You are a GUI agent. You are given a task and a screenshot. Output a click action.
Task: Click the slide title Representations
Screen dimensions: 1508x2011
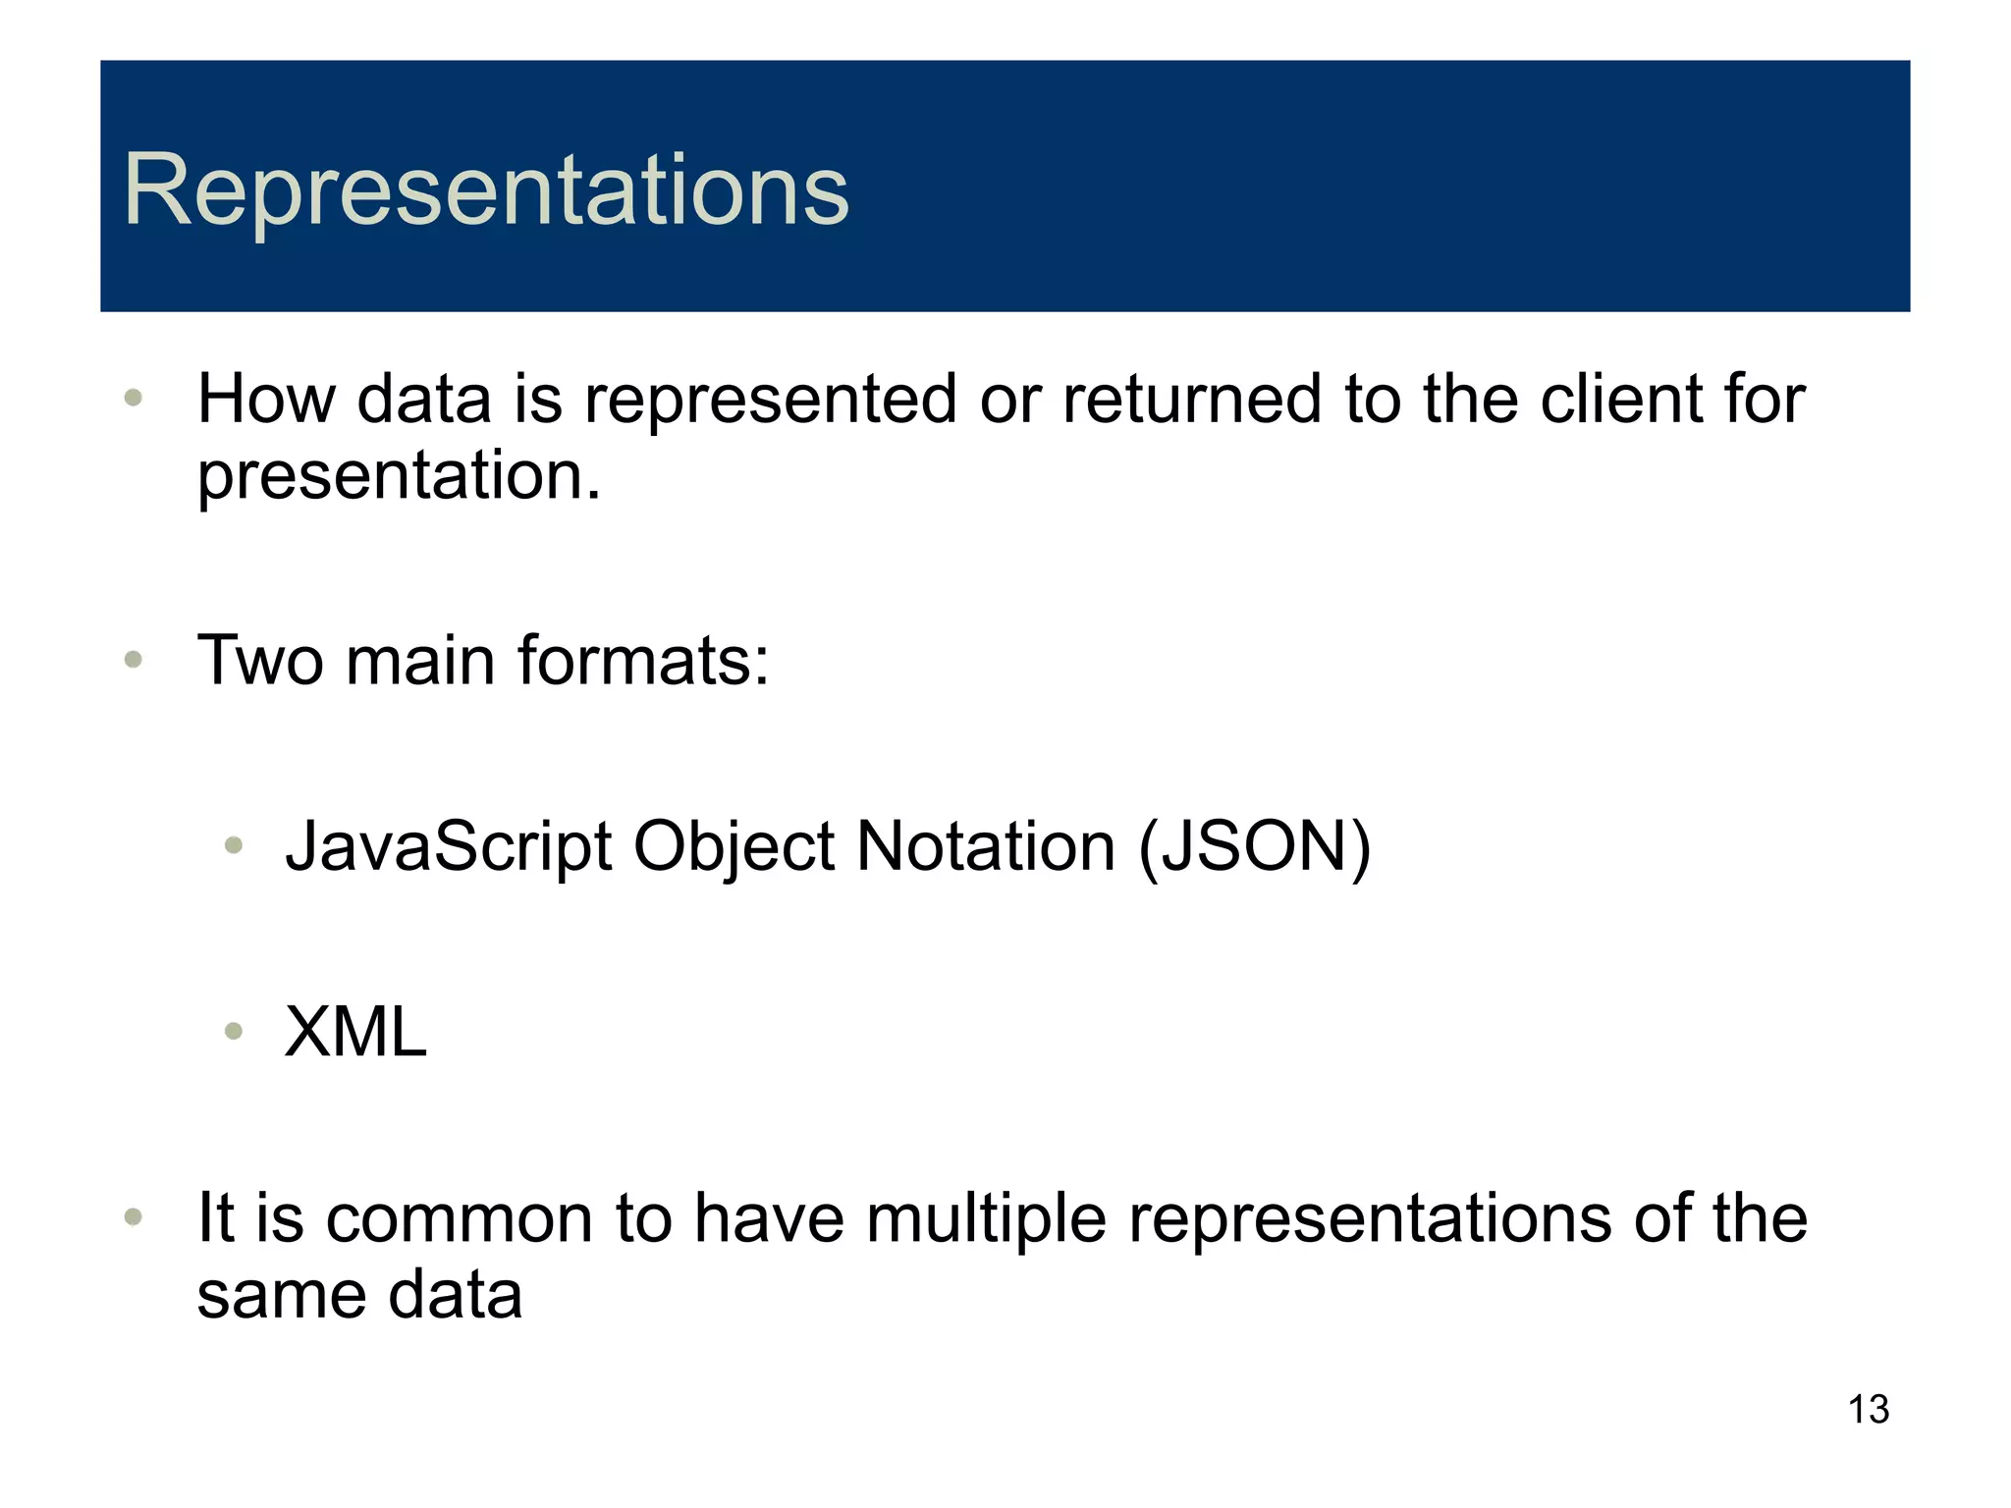click(485, 191)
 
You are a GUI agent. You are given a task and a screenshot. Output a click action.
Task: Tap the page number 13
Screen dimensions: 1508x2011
click(1868, 1410)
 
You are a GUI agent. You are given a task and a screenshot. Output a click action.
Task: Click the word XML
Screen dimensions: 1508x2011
click(355, 1032)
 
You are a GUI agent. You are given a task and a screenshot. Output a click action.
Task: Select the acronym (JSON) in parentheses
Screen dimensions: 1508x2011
click(1254, 846)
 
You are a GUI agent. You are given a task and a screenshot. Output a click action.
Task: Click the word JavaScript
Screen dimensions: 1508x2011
click(449, 846)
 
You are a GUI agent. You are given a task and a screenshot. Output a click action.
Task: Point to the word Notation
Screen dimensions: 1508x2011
click(986, 846)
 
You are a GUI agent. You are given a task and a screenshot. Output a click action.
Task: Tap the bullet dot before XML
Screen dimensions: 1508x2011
click(234, 1031)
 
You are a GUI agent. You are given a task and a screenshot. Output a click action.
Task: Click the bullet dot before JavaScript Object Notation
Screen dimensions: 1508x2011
click(234, 845)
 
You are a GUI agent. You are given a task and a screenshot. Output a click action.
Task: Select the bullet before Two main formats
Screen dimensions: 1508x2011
click(135, 660)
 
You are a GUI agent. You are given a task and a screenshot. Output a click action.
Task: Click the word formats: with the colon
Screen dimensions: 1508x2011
click(643, 660)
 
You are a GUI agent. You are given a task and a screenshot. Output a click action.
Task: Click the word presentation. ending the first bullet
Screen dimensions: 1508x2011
click(399, 476)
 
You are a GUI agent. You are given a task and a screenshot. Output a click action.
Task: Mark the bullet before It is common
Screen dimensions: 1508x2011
click(135, 1218)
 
